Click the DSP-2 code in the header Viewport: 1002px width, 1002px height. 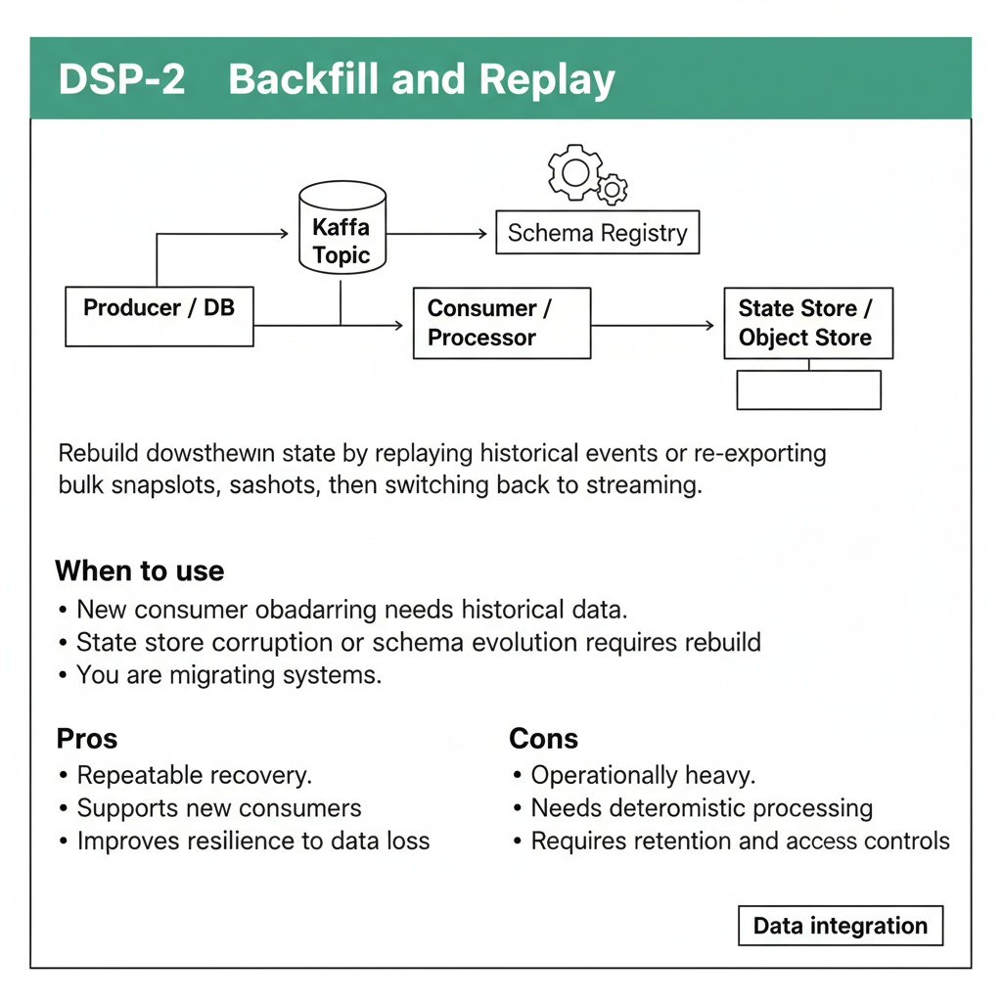point(121,79)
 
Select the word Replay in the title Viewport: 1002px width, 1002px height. point(546,80)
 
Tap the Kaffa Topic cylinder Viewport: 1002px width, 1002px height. point(342,228)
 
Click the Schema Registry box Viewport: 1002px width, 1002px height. point(598,233)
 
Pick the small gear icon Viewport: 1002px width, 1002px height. point(613,189)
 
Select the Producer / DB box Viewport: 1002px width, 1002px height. point(159,316)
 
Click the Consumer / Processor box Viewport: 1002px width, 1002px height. point(502,323)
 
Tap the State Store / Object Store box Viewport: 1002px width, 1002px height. point(808,323)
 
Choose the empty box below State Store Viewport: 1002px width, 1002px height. point(809,389)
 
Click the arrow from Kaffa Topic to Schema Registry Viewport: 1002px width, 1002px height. point(436,234)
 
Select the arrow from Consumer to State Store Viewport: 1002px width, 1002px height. point(653,325)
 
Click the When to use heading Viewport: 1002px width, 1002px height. point(140,570)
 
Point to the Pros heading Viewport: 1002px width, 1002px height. point(87,739)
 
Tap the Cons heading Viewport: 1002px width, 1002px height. point(543,739)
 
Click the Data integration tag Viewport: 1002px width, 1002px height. point(841,926)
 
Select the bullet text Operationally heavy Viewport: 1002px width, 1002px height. point(643,775)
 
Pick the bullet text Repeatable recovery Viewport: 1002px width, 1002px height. point(195,775)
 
